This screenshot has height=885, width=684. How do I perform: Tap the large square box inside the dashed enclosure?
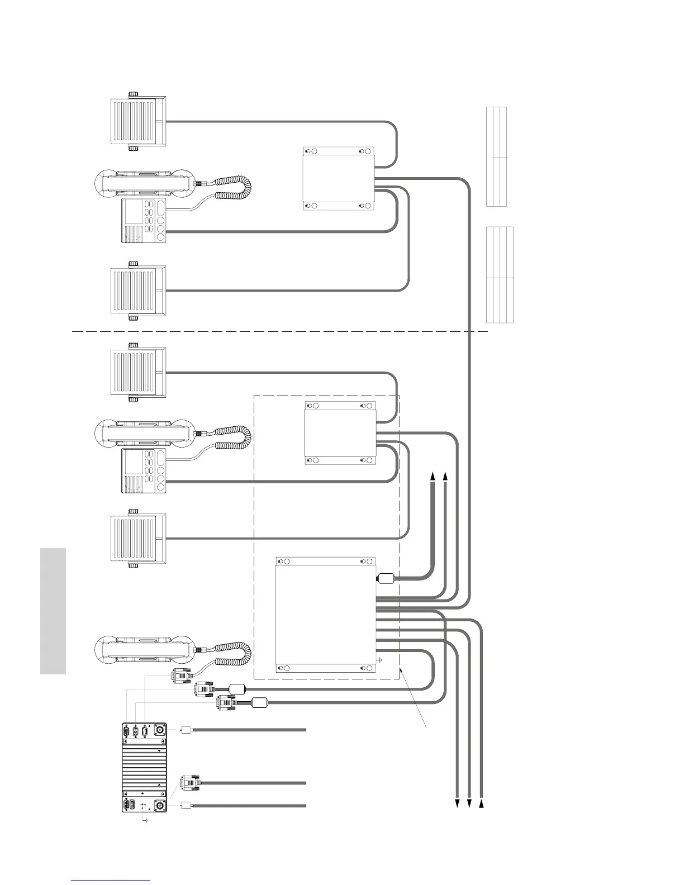[326, 615]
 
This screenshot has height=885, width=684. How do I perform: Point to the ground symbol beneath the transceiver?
[146, 820]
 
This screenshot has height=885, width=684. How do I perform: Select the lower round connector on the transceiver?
[159, 806]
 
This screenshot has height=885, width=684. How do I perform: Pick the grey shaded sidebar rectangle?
[54, 611]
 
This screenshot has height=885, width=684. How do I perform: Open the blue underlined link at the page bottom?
[111, 881]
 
